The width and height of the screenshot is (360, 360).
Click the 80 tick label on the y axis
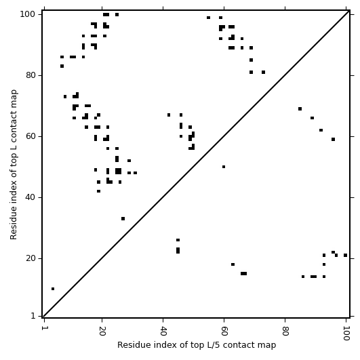click(31, 75)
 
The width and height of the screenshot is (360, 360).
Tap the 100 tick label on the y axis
click(28, 14)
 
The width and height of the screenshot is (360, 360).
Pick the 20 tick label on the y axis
click(31, 258)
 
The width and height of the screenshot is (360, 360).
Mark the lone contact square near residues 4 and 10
click(53, 289)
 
